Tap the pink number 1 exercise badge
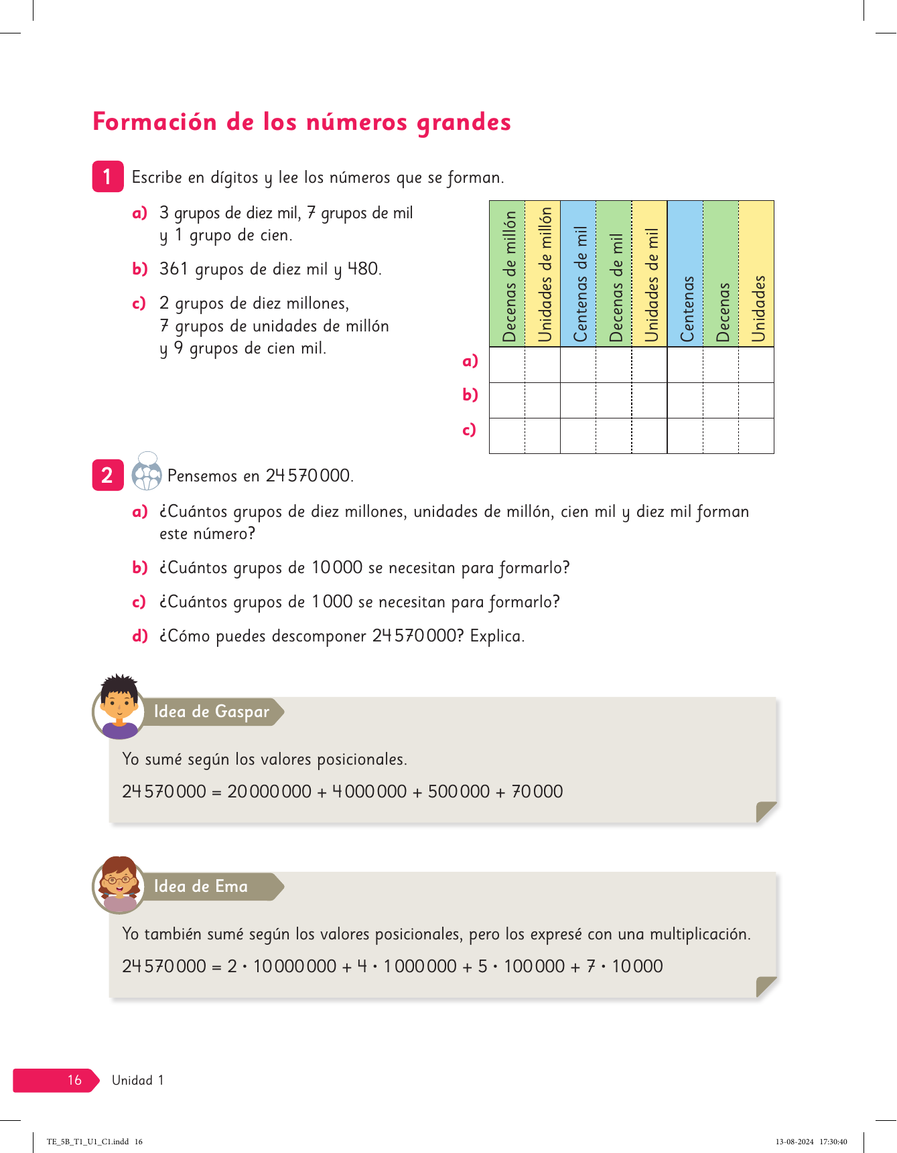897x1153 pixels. (107, 177)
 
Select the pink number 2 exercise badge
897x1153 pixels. (107, 475)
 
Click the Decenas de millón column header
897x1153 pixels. (508, 275)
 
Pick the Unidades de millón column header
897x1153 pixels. (543, 275)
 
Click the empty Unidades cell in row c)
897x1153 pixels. (756, 436)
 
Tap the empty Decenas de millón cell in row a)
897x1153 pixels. (507, 365)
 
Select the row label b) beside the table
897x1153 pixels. (470, 395)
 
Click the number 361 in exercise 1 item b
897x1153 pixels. (174, 269)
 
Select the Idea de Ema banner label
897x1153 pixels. (201, 887)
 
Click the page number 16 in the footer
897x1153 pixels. (74, 1080)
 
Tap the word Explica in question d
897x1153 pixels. (496, 636)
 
